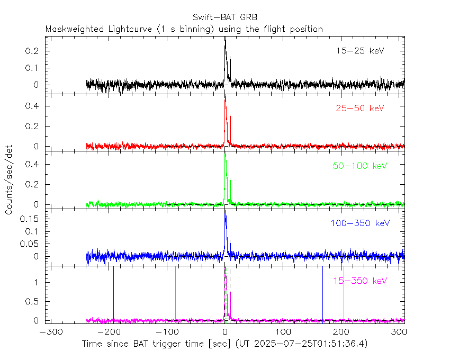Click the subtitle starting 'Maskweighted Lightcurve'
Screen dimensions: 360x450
click(184, 29)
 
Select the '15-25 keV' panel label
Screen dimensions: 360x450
click(359, 51)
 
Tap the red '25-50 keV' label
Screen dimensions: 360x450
click(359, 109)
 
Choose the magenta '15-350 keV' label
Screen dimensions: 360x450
click(359, 281)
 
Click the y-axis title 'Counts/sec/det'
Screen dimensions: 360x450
click(10, 180)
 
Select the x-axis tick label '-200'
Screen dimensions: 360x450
click(109, 332)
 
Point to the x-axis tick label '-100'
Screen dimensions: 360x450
click(167, 332)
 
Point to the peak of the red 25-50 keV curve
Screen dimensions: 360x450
click(225, 95)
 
